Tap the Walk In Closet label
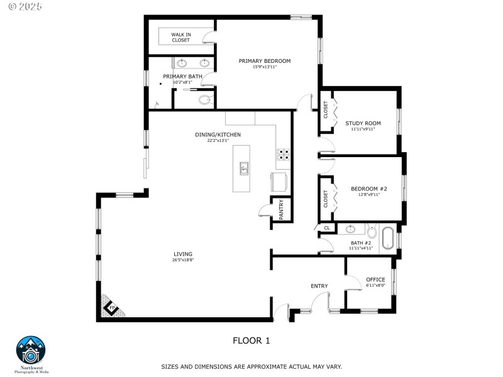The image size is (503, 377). [181, 37]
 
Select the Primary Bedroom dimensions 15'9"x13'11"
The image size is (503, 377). [265, 67]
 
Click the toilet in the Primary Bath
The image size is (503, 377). [204, 99]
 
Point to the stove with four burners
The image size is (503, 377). [284, 155]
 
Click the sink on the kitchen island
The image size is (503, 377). [243, 168]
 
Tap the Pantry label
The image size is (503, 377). [281, 210]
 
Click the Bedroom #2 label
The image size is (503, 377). [369, 188]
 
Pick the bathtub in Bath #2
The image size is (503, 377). [388, 239]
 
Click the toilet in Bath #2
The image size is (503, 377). [371, 231]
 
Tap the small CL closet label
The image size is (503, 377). [326, 227]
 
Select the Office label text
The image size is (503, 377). [375, 280]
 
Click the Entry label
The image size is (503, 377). [319, 286]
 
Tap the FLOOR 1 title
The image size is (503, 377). [251, 341]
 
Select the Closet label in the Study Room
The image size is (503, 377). [326, 110]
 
